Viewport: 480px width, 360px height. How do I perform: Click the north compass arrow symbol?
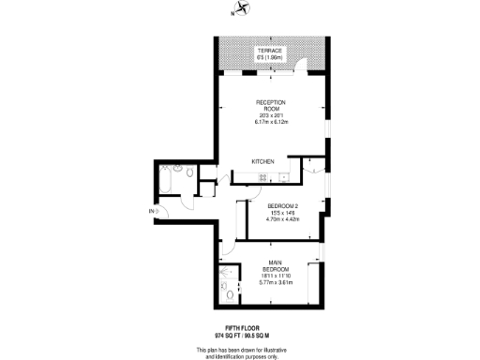(242, 9)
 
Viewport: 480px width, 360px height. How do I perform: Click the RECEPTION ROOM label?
(270, 105)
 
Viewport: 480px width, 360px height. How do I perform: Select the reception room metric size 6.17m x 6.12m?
(270, 122)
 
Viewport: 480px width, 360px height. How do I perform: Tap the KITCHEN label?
(262, 162)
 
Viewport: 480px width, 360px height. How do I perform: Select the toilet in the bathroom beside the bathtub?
(190, 173)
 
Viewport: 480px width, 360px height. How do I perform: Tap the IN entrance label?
(151, 213)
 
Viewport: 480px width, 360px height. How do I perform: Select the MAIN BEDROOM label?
(277, 265)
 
